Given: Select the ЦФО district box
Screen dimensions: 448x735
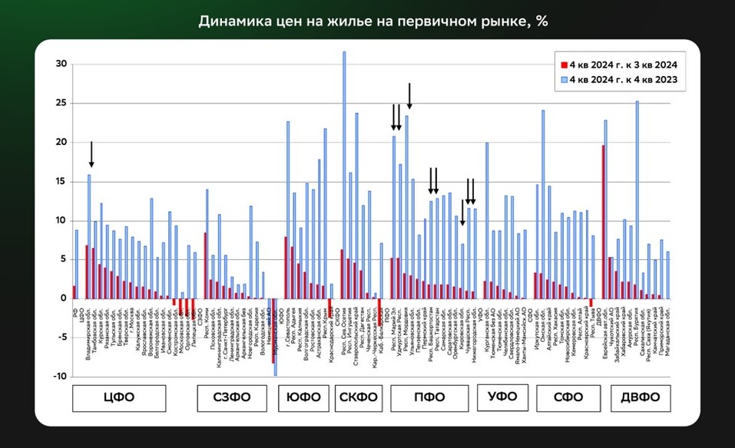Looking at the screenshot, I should [x=119, y=397].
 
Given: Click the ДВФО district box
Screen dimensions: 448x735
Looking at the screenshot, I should [x=641, y=397].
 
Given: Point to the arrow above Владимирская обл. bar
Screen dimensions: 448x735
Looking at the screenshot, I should [x=91, y=154].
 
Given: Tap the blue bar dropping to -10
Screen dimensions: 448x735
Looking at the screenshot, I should [x=275, y=337].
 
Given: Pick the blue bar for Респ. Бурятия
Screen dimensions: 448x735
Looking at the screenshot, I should [x=637, y=199].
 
